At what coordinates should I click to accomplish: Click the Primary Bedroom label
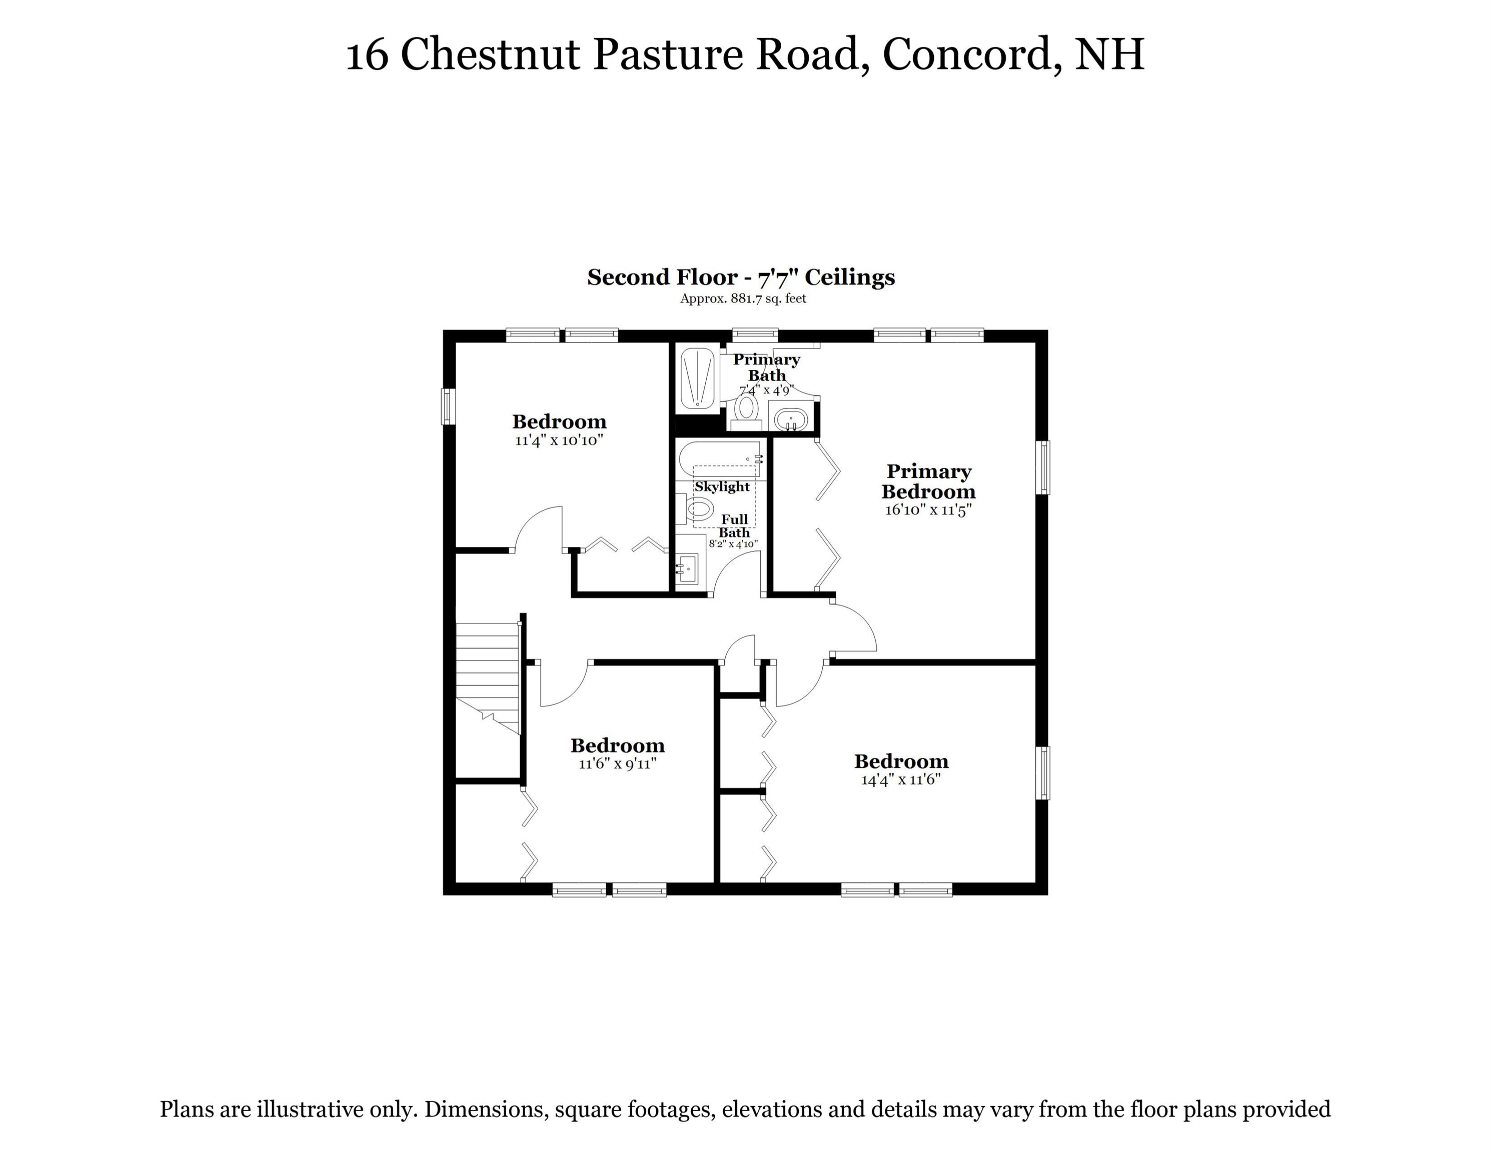pos(928,481)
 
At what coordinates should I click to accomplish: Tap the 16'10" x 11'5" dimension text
pos(928,510)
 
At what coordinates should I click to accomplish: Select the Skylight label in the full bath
pos(722,486)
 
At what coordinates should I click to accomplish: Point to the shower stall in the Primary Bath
pos(696,379)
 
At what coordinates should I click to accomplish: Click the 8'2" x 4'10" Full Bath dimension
pos(733,544)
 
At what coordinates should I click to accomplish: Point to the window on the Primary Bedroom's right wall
pos(1043,467)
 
